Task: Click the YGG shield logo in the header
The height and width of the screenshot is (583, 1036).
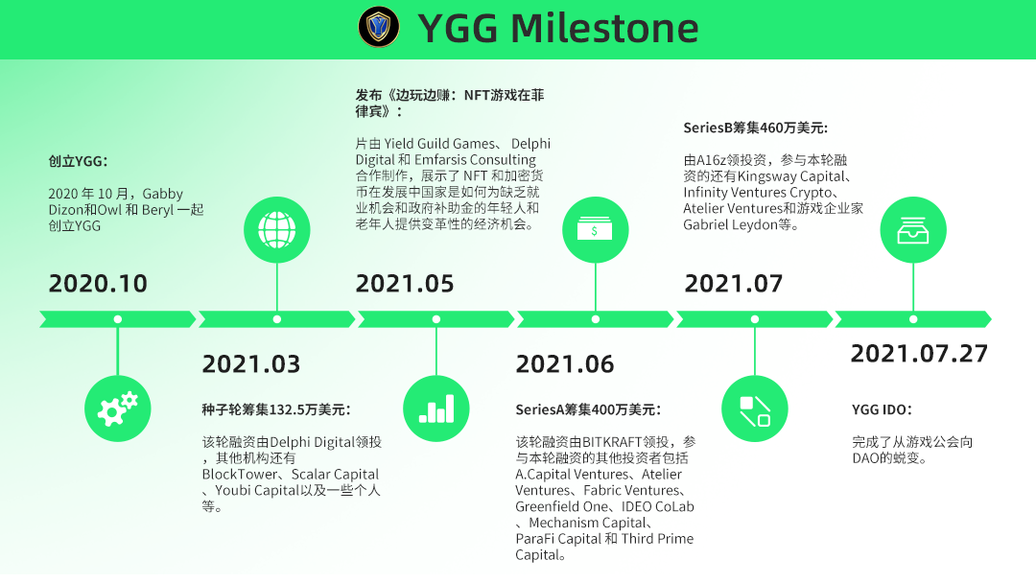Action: tap(379, 27)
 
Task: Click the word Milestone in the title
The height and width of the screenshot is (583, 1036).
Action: tap(604, 29)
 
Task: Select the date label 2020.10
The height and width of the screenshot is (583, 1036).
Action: tap(98, 283)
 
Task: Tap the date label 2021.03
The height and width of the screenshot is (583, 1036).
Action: tap(251, 363)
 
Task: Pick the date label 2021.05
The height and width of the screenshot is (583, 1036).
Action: tap(405, 283)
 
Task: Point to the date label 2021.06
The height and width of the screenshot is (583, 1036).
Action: tap(565, 363)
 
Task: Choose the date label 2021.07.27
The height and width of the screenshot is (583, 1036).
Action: tap(919, 353)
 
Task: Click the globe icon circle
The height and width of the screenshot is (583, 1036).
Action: tap(277, 230)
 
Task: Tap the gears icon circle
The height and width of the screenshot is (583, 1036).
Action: tap(118, 408)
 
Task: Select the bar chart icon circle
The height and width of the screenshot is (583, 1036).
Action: tap(436, 408)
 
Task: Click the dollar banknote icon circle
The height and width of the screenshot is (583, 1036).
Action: tap(596, 230)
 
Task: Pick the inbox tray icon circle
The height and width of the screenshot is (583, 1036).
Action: tap(913, 230)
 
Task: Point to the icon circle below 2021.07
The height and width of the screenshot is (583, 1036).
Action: tap(755, 408)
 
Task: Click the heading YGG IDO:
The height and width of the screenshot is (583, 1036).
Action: tap(882, 409)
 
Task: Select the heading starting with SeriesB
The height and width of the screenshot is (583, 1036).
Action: tap(755, 128)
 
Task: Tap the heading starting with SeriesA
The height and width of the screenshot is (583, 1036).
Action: tap(588, 409)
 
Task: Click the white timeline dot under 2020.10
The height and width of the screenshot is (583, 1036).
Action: tap(118, 319)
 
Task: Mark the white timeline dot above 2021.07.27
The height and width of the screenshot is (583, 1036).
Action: tap(913, 319)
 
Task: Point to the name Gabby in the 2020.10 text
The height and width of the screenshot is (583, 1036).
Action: tap(162, 194)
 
